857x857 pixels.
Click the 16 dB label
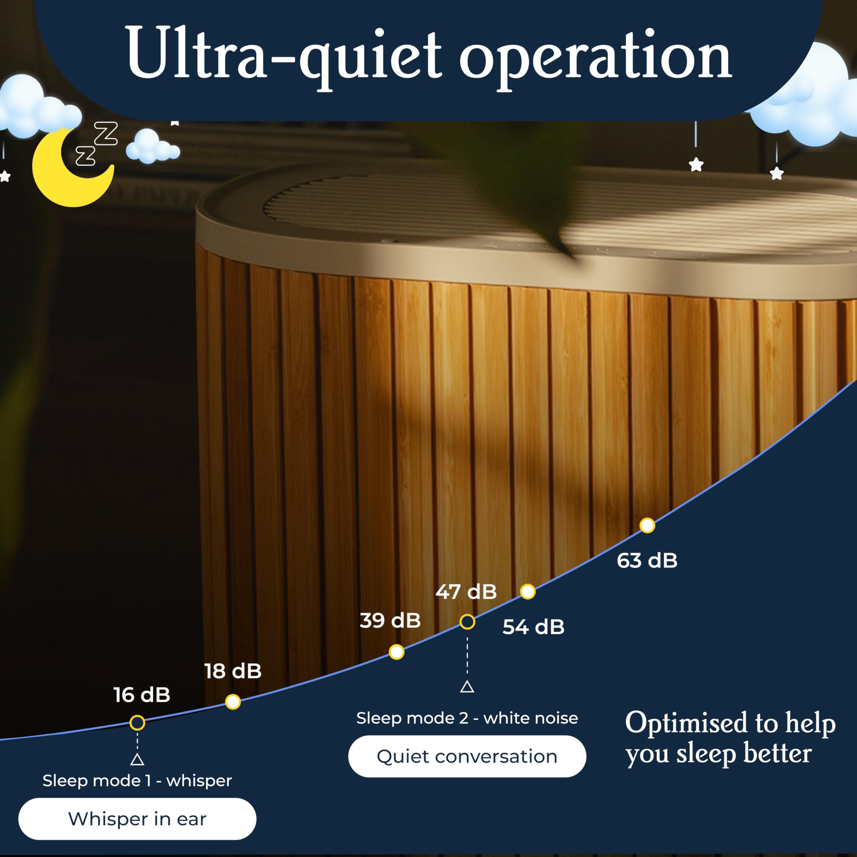pos(142,695)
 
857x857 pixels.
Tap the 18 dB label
pos(233,671)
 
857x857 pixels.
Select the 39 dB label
pos(390,621)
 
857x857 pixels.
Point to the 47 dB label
pos(466,592)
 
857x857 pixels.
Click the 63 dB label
pos(647,561)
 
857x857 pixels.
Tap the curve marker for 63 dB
pos(647,525)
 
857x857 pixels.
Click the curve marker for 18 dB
pos(233,702)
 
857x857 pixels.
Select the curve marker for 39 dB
pos(397,652)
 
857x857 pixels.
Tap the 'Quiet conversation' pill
pos(467,756)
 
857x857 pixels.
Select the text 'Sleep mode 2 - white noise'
pos(467,718)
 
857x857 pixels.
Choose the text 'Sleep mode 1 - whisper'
pos(137,781)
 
